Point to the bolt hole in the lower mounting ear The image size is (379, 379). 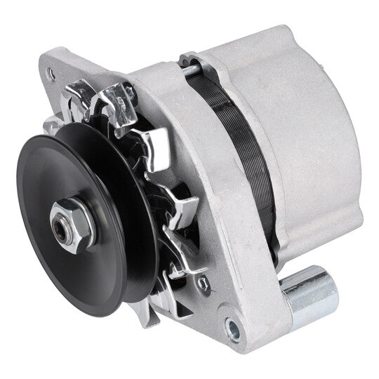(232, 326)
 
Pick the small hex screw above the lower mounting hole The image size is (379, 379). (204, 284)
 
